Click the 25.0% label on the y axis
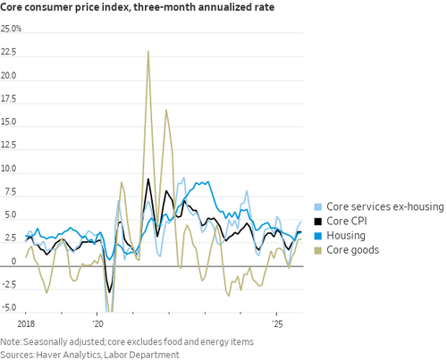pos(11,29)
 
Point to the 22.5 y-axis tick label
pos(8,52)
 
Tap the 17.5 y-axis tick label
pos(8,99)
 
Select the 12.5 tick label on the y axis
pos(8,146)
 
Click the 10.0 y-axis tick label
pos(8,169)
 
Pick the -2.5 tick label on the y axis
pos(8,285)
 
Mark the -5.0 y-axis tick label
pos(8,307)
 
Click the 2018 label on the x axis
pos(26,323)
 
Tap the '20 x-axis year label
pos(97,323)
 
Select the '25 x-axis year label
pos(277,323)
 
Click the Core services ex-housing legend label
pos(385,206)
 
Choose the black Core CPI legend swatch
pos(318,222)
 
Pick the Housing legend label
pos(346,236)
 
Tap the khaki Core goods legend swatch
pos(318,250)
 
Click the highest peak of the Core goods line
pos(148,52)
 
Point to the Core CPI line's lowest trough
pos(109,292)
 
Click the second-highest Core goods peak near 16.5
pos(166,110)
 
